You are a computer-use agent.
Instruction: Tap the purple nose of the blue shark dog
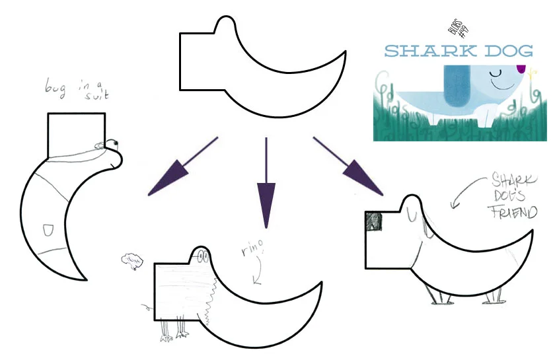pyautogui.click(x=521, y=67)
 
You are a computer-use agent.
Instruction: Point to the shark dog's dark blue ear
pyautogui.click(x=453, y=86)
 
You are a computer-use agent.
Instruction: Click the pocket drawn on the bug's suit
pyautogui.click(x=48, y=229)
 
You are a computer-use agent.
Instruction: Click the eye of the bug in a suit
pyautogui.click(x=113, y=142)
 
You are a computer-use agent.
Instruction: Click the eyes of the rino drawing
pyautogui.click(x=202, y=256)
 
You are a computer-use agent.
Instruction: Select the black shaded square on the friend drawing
pyautogui.click(x=375, y=221)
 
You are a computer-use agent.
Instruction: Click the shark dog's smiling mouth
pyautogui.click(x=505, y=85)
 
